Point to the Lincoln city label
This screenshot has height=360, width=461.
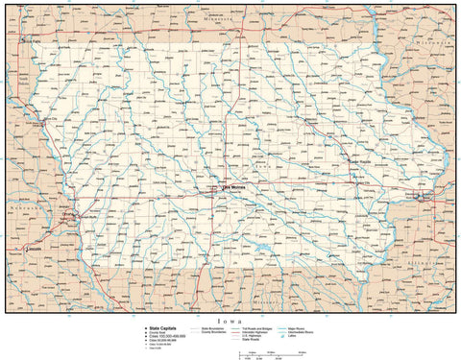pos(36,248)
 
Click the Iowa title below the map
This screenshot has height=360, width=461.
pos(230,320)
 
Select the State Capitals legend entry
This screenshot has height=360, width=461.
pos(158,327)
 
